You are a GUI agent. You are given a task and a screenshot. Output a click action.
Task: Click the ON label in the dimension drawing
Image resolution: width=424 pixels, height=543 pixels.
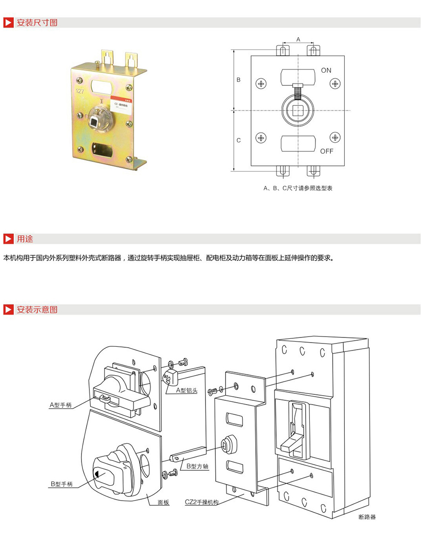pyautogui.click(x=326, y=70)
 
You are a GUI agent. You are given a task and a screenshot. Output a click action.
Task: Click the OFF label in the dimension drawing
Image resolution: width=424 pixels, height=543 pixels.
pyautogui.click(x=327, y=151)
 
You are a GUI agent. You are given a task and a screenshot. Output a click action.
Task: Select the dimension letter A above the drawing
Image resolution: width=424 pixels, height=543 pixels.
pyautogui.click(x=298, y=39)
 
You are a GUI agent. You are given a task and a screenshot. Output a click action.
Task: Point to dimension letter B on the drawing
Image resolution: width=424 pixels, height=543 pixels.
pyautogui.click(x=239, y=80)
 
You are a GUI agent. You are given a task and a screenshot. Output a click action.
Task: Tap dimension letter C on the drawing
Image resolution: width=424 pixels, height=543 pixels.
pyautogui.click(x=239, y=140)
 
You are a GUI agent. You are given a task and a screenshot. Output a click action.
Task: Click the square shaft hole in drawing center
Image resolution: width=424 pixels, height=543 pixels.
pyautogui.click(x=298, y=110)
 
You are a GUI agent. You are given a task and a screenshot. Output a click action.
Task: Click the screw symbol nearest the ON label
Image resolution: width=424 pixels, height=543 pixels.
pyautogui.click(x=335, y=83)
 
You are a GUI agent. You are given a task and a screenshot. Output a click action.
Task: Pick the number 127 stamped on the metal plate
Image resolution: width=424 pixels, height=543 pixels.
pyautogui.click(x=80, y=91)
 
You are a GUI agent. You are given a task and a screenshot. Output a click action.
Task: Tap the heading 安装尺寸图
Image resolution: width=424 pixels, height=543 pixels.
pyautogui.click(x=37, y=22)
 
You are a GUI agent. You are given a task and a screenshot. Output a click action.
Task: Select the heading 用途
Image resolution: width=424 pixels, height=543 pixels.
pyautogui.click(x=25, y=239)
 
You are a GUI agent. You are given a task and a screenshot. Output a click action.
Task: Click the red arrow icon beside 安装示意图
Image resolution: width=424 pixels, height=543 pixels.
pyautogui.click(x=8, y=309)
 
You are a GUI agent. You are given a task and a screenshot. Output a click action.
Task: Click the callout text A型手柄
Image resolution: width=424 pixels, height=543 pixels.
pyautogui.click(x=61, y=405)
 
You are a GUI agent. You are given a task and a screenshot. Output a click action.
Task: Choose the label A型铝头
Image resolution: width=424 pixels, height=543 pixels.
pyautogui.click(x=186, y=391)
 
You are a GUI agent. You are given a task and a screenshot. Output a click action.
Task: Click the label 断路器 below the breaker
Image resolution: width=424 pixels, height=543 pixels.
pyautogui.click(x=367, y=517)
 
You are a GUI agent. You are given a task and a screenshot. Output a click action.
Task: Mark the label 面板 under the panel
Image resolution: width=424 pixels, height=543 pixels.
pyautogui.click(x=163, y=502)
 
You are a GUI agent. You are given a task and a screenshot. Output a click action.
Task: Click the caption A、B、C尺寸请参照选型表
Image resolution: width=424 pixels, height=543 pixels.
pyautogui.click(x=298, y=188)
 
